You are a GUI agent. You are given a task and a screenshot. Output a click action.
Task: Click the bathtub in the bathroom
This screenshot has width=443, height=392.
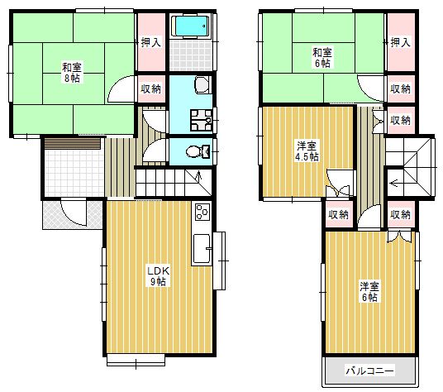192,26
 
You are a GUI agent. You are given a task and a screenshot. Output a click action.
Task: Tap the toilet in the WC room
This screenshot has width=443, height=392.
198,151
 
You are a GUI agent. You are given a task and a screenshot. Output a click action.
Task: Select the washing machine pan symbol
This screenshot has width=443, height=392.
202,120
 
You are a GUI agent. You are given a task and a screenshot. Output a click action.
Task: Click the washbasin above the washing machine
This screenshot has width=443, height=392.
202,85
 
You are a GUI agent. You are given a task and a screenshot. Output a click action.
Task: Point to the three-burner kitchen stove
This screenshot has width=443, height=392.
202,212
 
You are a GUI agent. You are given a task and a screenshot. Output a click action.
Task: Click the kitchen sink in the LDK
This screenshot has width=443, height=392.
202,249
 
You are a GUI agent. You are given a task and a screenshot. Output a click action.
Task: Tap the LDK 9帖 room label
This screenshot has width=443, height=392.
158,276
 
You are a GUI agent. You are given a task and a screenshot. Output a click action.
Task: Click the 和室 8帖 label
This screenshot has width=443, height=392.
72,73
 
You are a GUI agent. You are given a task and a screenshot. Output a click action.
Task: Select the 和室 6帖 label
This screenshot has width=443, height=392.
322,58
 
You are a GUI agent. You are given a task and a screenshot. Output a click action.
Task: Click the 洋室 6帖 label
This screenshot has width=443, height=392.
369,291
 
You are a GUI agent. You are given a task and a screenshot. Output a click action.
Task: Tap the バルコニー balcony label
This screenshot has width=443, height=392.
369,370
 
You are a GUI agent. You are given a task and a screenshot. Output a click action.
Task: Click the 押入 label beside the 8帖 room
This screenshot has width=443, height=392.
151,42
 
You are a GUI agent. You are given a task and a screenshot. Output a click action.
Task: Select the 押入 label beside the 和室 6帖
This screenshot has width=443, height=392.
400,42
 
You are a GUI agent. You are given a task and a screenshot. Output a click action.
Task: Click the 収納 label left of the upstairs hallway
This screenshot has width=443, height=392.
338,215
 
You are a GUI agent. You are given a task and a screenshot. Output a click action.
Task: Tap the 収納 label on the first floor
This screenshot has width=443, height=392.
151,89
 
